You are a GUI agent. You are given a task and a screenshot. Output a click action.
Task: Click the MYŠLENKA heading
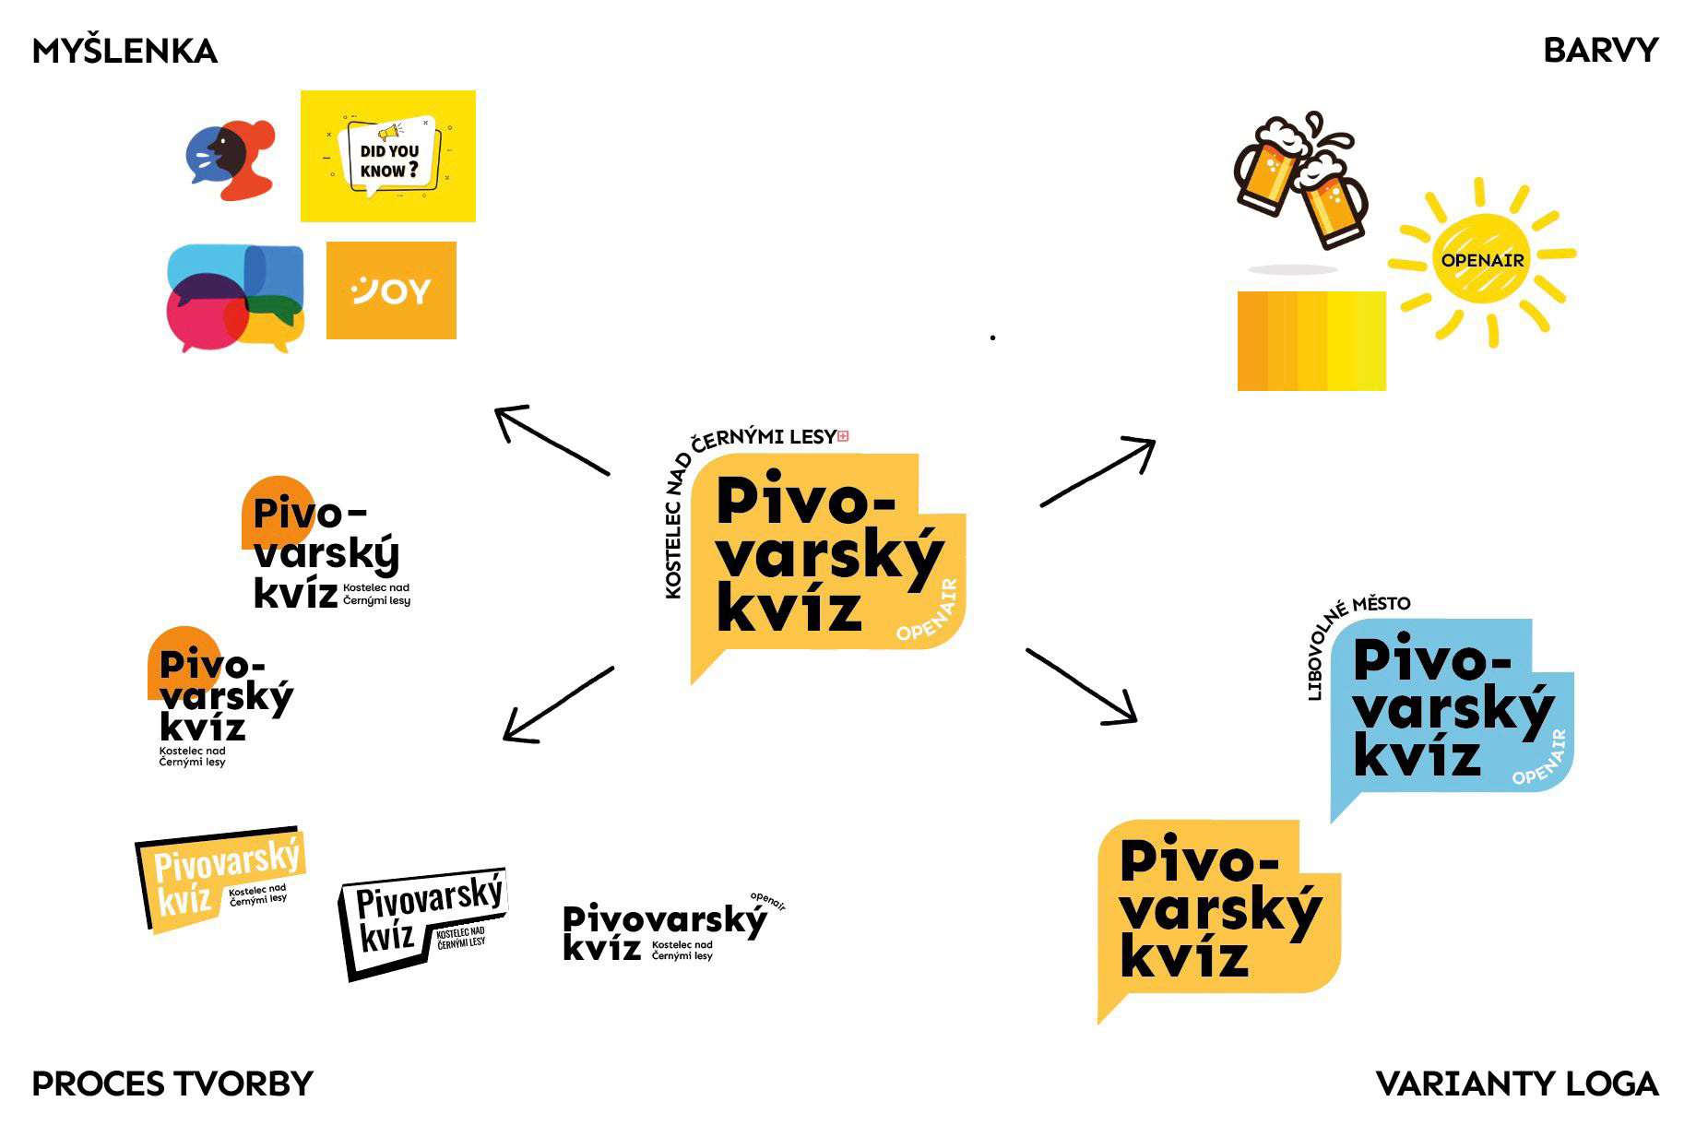[x=125, y=51]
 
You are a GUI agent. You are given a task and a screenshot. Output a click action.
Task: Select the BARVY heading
[x=1600, y=50]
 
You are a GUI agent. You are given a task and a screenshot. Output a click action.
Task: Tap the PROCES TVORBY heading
[x=172, y=1084]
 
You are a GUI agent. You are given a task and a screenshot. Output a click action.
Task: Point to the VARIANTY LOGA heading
[x=1516, y=1084]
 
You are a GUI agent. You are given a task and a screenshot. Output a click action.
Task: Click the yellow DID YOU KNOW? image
[x=387, y=156]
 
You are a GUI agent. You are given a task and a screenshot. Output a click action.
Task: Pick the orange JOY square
[x=391, y=290]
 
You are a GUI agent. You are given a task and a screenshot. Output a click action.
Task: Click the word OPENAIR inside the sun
[x=1482, y=261]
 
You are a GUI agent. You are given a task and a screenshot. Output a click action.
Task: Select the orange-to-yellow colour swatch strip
[x=1311, y=341]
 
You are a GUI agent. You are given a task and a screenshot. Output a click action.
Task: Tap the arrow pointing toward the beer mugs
[x=1097, y=472]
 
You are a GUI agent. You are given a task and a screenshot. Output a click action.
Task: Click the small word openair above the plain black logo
[x=768, y=901]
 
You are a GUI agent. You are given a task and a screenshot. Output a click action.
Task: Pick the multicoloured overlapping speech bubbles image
[x=235, y=297]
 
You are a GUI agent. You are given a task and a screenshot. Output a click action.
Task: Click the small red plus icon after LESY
[x=843, y=436]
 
